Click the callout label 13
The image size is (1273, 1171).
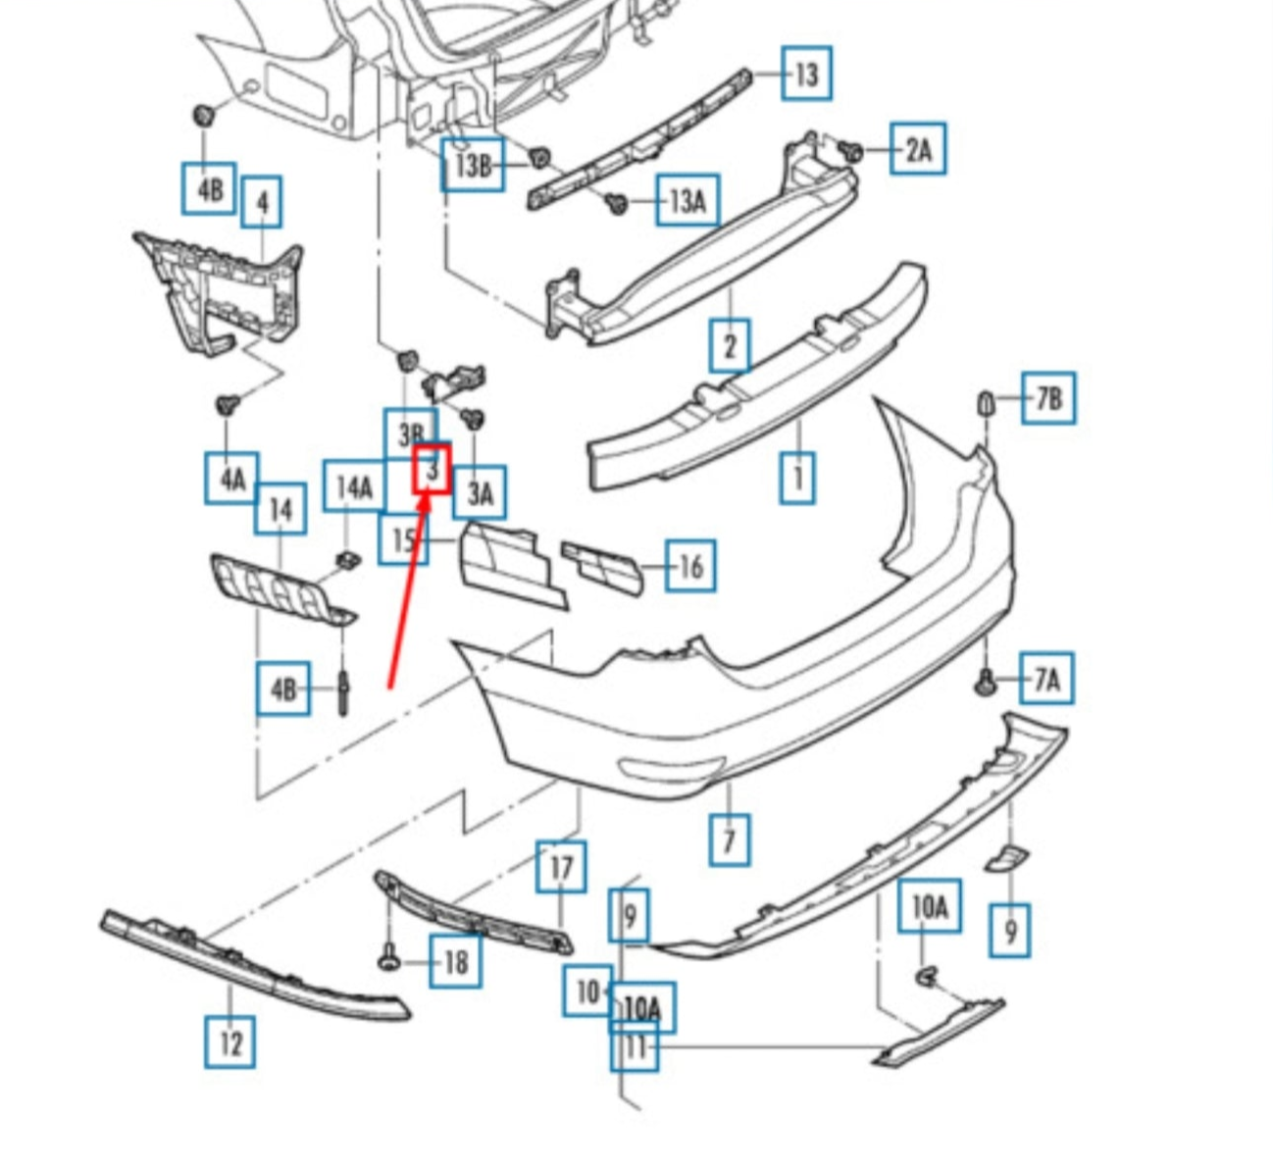click(806, 74)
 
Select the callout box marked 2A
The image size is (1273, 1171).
click(918, 149)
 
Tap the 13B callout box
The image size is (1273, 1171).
click(473, 165)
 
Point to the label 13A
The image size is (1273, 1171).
click(687, 200)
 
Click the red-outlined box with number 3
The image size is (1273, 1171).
click(432, 469)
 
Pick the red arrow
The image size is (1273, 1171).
click(409, 588)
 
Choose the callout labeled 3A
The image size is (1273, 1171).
click(480, 492)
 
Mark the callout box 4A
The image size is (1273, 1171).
click(231, 479)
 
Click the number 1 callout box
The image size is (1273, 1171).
click(797, 478)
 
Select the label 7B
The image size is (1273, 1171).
click(1047, 398)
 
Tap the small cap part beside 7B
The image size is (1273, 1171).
click(986, 402)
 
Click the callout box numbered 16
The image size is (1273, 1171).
click(690, 566)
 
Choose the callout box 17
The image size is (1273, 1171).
click(561, 867)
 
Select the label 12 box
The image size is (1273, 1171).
click(230, 1042)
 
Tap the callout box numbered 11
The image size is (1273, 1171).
click(636, 1047)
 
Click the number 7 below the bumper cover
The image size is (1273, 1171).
click(730, 840)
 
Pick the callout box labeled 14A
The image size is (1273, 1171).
click(354, 486)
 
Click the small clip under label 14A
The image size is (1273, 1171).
click(347, 560)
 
